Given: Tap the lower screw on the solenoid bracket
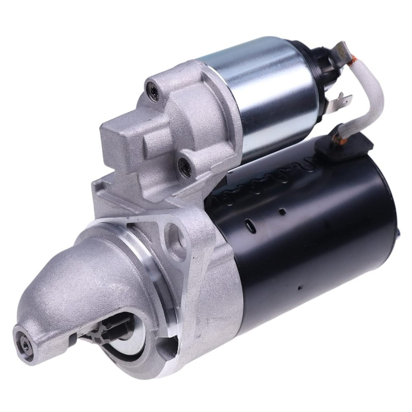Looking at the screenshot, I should (182, 166).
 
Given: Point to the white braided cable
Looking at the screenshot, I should (373, 95).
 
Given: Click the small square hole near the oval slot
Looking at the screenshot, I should (282, 212).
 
